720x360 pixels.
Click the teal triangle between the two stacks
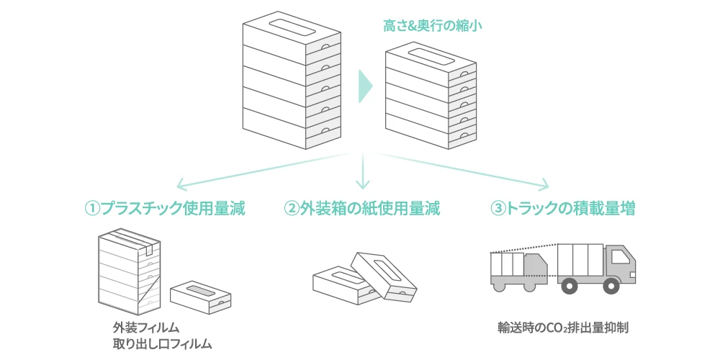tap(365, 86)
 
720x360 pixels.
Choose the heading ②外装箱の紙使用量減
tap(362, 209)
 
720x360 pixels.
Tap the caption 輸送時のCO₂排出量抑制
tap(564, 328)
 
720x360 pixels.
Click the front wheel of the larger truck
tap(620, 286)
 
